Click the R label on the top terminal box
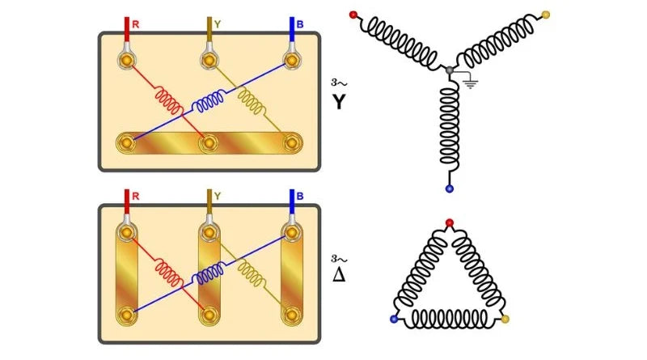135,24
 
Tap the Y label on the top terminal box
218,24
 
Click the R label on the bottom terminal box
135,196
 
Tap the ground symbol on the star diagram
469,82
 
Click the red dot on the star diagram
353,15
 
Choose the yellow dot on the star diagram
545,15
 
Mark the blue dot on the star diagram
450,188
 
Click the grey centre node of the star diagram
450,71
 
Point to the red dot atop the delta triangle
450,222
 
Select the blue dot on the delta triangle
395,320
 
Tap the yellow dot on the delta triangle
505,320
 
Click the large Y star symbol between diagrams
340,104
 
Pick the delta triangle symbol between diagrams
340,274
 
